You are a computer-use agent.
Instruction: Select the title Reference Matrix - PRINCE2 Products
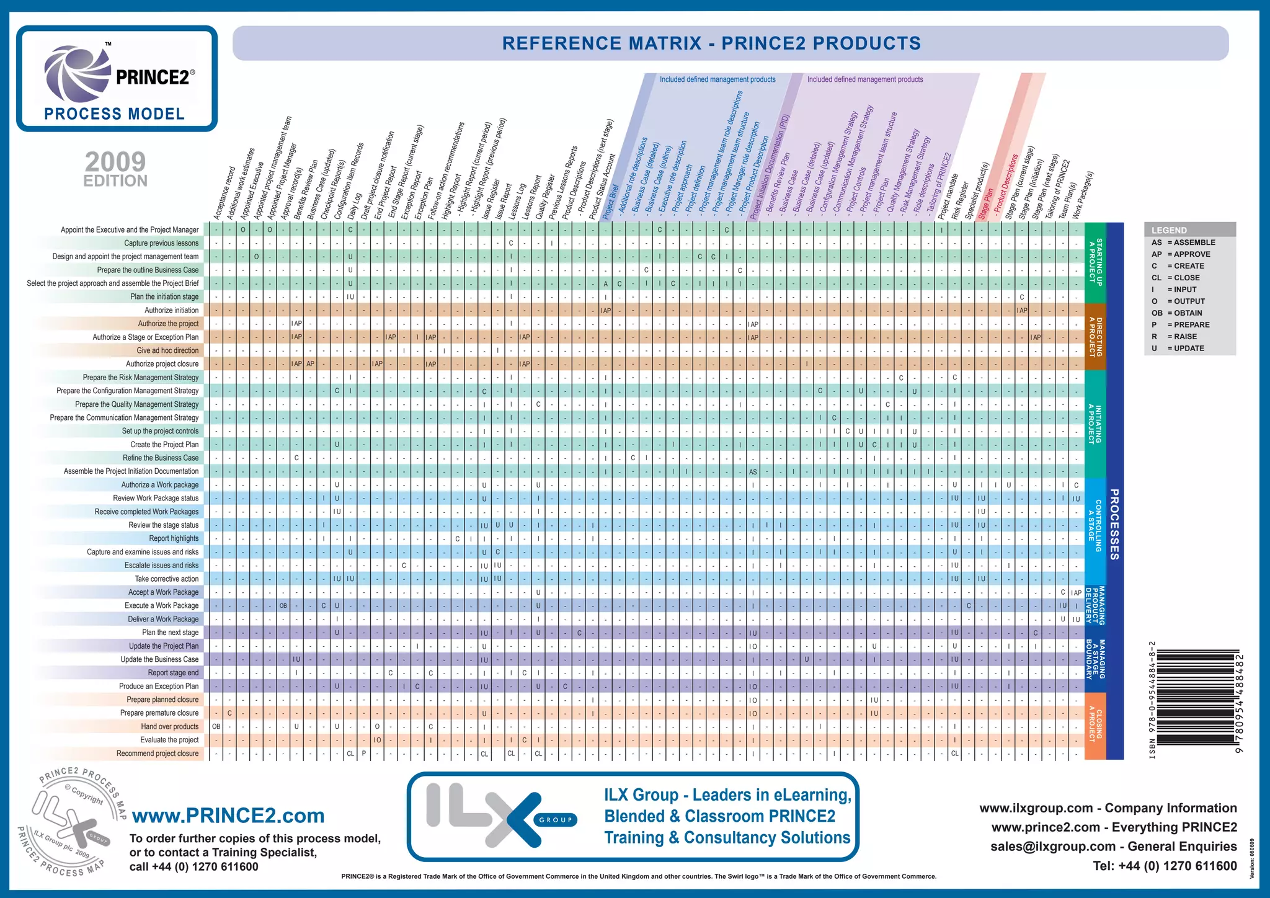pos(711,43)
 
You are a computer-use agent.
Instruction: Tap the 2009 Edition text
pos(116,169)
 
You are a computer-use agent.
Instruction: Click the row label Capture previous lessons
pos(161,243)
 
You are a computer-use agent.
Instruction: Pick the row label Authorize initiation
pos(172,310)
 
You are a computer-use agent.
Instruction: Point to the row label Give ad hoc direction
pos(167,350)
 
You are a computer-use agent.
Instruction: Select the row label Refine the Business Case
pos(161,458)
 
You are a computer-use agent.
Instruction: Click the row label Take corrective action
pos(167,579)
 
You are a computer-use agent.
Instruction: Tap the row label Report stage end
pos(173,673)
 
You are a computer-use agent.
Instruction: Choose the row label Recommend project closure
pos(158,754)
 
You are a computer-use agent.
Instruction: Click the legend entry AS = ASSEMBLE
pos(1183,242)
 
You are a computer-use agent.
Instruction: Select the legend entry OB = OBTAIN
pos(1176,313)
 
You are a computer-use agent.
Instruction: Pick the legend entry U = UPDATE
pos(1178,349)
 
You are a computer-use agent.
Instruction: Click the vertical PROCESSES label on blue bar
pos(1114,524)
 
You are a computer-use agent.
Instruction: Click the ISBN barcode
pos(1197,701)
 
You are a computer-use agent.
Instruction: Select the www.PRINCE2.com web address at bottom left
pos(228,816)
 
